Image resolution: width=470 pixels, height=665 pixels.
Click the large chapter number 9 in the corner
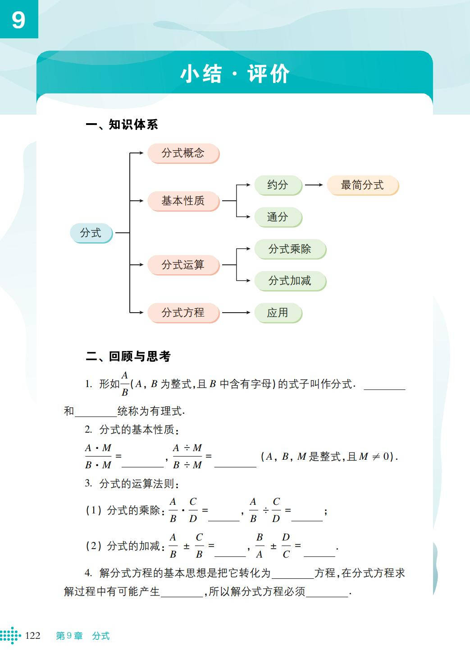(x=18, y=20)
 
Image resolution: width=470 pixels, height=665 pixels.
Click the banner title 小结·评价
(x=235, y=74)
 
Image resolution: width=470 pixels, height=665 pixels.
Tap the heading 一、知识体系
(x=122, y=125)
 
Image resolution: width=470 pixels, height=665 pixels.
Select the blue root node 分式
(x=91, y=233)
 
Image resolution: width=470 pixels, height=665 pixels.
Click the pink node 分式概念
(x=183, y=153)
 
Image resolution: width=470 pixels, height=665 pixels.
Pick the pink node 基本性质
(x=183, y=201)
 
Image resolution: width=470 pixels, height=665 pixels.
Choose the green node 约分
(x=278, y=185)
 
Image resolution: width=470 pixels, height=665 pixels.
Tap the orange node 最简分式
(x=362, y=185)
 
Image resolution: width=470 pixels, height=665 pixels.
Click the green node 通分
(x=278, y=217)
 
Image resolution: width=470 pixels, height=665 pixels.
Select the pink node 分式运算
(x=183, y=265)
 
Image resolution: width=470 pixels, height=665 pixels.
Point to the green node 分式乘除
(x=290, y=249)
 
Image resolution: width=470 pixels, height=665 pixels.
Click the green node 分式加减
(x=290, y=281)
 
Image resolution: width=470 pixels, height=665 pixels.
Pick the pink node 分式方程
(x=183, y=313)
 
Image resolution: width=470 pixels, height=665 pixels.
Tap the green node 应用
(x=278, y=313)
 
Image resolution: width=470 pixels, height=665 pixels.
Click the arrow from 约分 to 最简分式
(x=314, y=185)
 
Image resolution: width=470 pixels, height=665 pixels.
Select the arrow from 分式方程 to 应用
(x=236, y=313)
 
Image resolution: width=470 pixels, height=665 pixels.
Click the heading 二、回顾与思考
(x=128, y=356)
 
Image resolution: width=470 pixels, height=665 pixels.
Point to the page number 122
(x=32, y=636)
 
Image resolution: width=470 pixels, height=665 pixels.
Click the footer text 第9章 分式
(x=83, y=636)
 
